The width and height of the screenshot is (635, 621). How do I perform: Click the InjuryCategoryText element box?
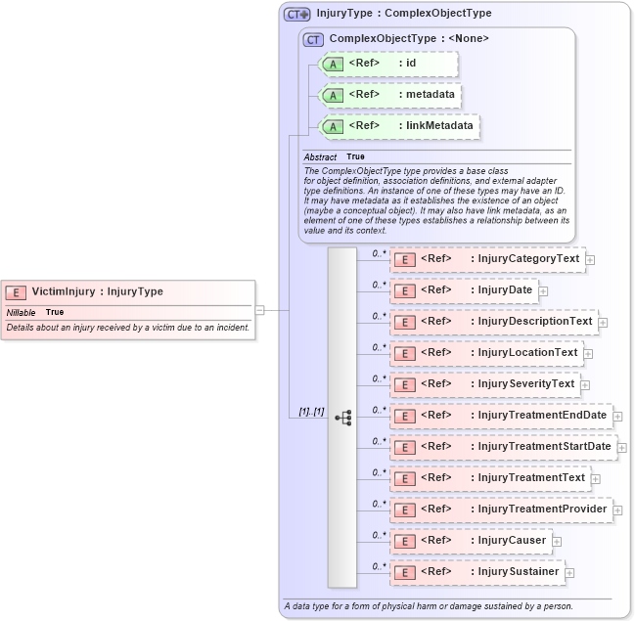487,259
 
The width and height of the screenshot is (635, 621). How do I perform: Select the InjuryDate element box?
464,290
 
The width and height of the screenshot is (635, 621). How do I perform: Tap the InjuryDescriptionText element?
494,321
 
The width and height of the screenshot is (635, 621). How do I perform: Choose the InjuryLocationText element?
487,352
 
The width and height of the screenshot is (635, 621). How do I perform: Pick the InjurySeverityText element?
485,383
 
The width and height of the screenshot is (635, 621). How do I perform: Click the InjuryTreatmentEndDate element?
501,416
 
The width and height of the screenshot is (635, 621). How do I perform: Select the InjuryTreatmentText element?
490,478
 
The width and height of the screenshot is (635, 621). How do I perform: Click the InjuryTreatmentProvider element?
501,510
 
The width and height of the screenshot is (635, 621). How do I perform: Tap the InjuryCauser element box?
471,540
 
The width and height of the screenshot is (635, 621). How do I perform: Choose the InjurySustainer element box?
477,571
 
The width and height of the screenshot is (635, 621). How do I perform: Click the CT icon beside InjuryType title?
296,14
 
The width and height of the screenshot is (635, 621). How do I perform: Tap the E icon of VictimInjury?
16,291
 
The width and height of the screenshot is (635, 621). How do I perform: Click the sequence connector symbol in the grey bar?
342,417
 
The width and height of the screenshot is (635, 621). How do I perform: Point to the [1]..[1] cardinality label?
312,412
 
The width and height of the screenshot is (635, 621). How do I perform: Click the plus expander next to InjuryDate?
543,291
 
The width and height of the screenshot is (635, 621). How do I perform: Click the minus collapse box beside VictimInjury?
260,309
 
